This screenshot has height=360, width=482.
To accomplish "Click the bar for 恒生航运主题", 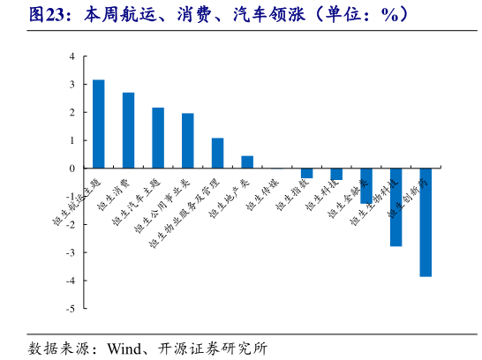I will coord(99,124).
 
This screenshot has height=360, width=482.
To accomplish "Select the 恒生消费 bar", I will coord(128,130).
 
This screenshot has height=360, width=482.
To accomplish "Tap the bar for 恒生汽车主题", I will coord(158,138).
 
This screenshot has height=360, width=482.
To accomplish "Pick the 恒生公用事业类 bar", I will coord(188,140).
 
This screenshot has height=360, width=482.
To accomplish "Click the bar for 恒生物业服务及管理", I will coord(217,153).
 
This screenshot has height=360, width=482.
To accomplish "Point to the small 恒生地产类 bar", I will coord(247,161).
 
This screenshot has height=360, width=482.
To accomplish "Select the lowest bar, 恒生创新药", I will coord(426,221).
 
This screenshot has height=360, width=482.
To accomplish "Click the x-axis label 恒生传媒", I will coord(262,196).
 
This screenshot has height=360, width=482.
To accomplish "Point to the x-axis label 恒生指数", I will coord(291,196).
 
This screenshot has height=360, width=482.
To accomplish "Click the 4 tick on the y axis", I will coord(72,56).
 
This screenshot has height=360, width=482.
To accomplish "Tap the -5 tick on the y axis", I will coord(70,309).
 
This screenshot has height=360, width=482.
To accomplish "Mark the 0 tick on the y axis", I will coord(72,169).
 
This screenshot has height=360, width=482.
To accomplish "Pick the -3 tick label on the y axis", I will coord(70,252).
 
